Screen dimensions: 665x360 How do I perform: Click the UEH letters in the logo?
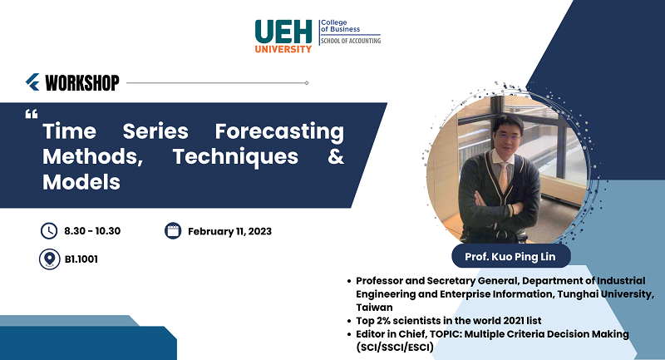tap(283, 32)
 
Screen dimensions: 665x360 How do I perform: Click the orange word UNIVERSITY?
tap(283, 49)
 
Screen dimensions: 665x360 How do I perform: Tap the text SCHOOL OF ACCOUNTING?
tap(351, 41)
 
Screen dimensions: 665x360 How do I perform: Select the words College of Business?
tap(340, 26)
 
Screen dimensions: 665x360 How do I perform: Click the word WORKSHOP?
tap(82, 82)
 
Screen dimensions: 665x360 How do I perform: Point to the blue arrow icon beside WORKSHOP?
tap(32, 82)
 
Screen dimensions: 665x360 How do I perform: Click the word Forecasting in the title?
tap(279, 132)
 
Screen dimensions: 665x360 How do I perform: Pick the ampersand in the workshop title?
tap(336, 156)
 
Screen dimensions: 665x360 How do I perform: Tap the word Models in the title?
tap(81, 182)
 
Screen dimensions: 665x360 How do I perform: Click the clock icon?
tap(49, 231)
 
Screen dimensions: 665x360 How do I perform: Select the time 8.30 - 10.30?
tap(92, 231)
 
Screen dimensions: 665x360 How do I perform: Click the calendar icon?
tap(173, 230)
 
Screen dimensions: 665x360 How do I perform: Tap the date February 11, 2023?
tap(230, 231)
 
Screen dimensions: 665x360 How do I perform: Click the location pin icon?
tap(50, 259)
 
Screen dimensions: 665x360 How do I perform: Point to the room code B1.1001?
tap(81, 259)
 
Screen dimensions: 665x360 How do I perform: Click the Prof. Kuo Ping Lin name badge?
tap(511, 256)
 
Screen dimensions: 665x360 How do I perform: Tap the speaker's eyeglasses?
tap(507, 137)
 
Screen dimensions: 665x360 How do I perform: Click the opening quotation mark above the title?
tap(32, 114)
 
